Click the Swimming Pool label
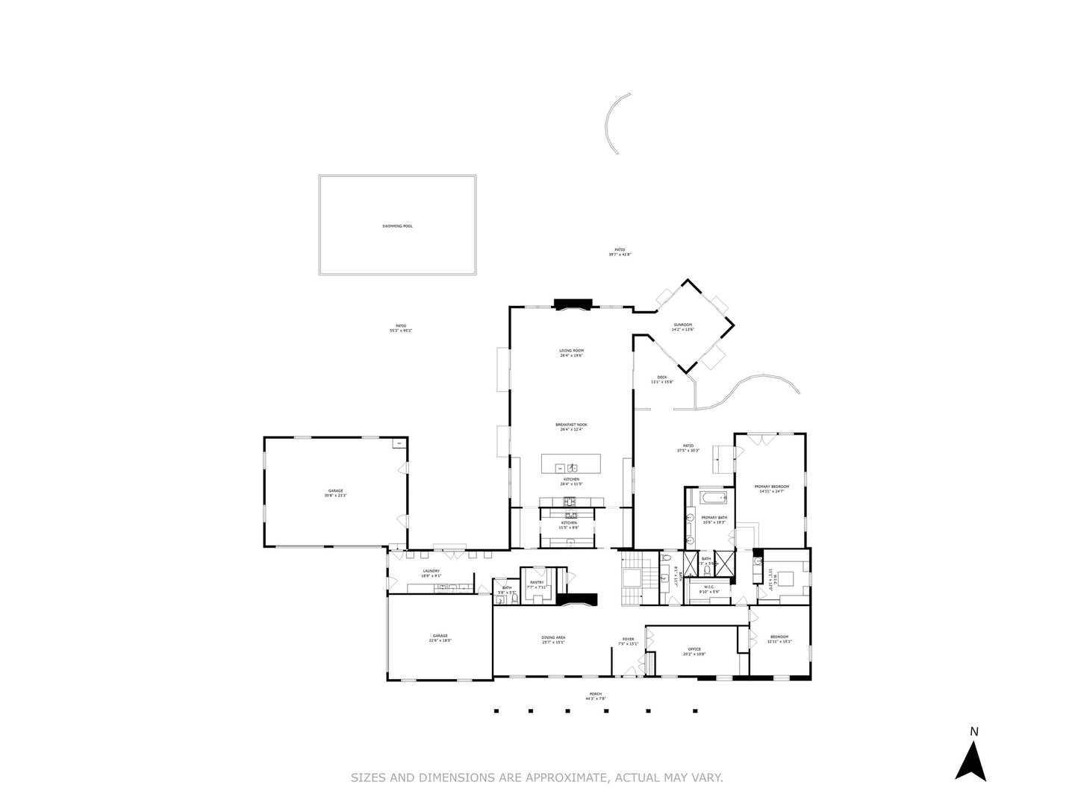[x=397, y=226]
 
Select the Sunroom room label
[x=682, y=327]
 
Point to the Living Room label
[x=571, y=353]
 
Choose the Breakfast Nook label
[x=571, y=427]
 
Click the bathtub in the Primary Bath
[x=708, y=497]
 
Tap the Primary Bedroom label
[x=771, y=488]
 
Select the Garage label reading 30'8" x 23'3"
[x=335, y=493]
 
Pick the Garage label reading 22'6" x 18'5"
[x=440, y=638]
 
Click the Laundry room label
[x=431, y=573]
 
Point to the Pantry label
[x=537, y=584]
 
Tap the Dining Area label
[x=553, y=640]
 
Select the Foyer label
[x=629, y=641]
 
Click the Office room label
[x=694, y=651]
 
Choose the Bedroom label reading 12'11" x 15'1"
[x=779, y=639]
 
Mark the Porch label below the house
[x=595, y=696]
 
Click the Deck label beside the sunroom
[x=661, y=379]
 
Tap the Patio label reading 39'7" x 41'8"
[x=620, y=252]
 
